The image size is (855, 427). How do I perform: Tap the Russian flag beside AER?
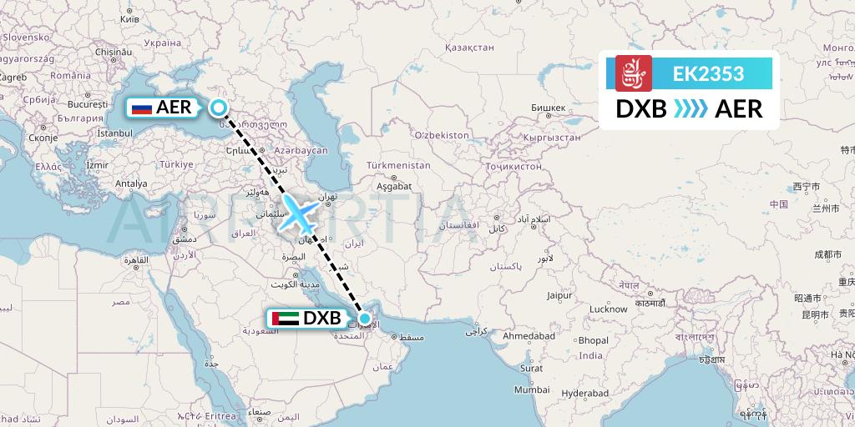tap(141, 108)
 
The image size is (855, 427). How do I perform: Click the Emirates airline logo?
tap(633, 73)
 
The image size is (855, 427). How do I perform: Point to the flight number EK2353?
tap(708, 73)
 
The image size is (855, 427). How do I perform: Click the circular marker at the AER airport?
tap(218, 107)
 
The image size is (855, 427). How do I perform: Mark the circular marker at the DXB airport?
tap(365, 318)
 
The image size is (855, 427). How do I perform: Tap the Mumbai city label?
tap(532, 389)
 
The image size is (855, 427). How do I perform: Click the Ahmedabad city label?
tap(529, 335)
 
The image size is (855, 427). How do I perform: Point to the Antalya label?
tap(130, 183)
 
